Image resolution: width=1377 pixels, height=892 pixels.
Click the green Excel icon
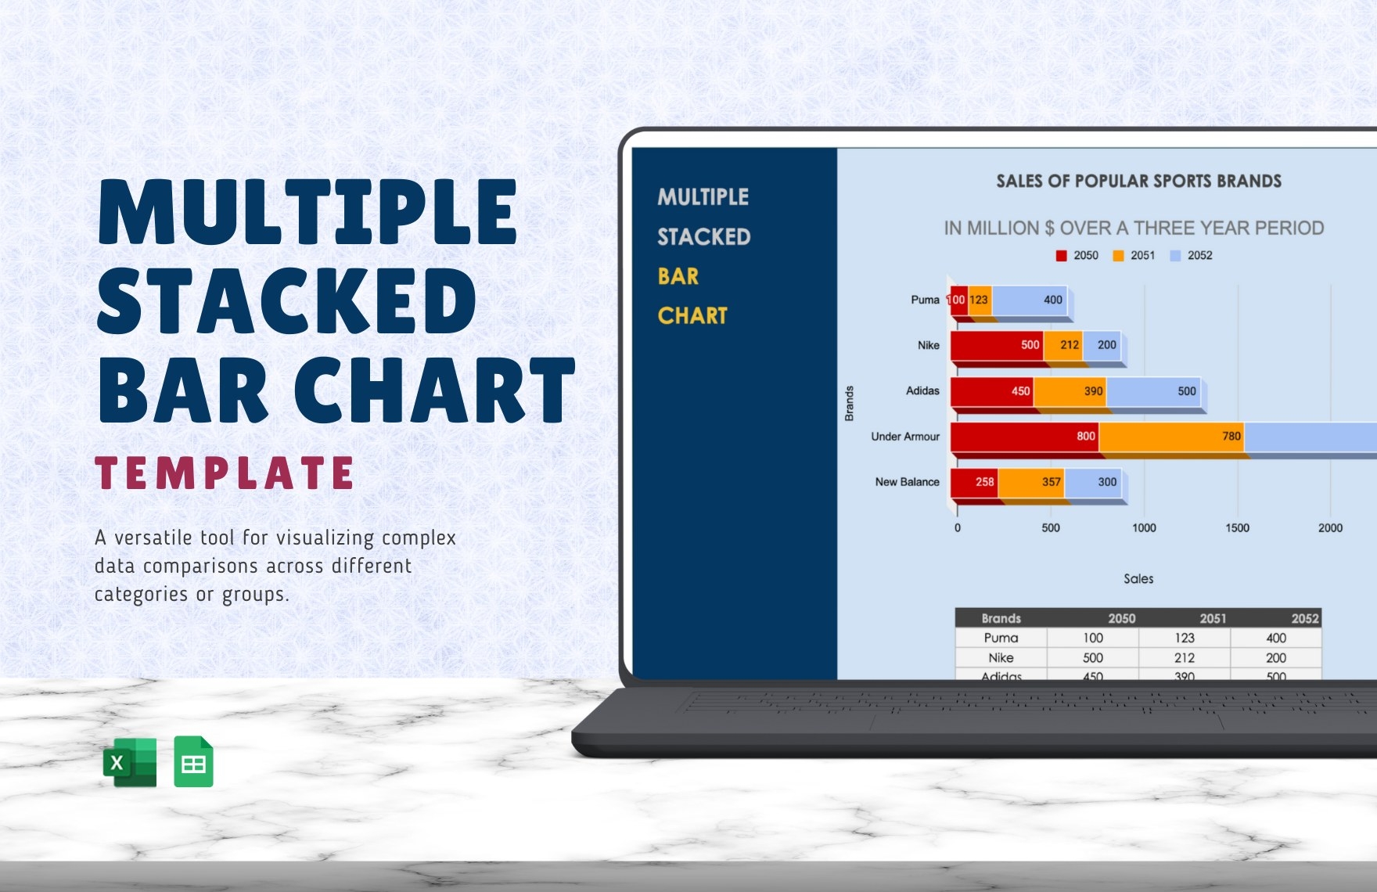(130, 761)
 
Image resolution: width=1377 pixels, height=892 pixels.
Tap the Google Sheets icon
(193, 761)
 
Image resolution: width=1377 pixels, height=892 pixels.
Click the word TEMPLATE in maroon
(225, 473)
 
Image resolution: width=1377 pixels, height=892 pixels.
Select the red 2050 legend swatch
(1061, 256)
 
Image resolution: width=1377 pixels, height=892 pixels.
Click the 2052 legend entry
(1191, 256)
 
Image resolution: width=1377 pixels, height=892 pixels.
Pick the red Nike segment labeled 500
(997, 345)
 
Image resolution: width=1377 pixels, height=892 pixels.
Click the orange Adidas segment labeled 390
(1070, 391)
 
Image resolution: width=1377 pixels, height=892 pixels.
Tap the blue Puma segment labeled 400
(1029, 300)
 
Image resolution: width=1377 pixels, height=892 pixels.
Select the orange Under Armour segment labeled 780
(1171, 437)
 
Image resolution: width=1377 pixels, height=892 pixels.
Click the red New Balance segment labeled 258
(975, 482)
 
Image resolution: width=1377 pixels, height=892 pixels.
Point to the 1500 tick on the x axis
(1237, 528)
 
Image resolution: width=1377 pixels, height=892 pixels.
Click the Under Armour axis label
(905, 437)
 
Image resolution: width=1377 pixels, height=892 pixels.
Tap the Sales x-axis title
(1138, 579)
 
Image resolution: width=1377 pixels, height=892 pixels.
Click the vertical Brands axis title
(849, 403)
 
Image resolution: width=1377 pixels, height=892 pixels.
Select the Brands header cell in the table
(1001, 618)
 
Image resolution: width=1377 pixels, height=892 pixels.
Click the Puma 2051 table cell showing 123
(1185, 638)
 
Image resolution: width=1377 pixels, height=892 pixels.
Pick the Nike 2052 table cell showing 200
(1276, 658)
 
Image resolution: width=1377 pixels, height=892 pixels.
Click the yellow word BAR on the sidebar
(678, 276)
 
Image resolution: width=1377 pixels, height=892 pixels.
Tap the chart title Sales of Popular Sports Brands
(1138, 182)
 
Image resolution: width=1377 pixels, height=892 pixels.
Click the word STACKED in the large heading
(287, 301)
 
